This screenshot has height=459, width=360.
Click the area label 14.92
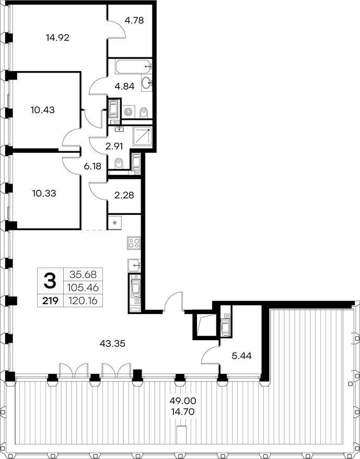point(58,38)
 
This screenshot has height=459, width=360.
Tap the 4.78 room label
point(134,20)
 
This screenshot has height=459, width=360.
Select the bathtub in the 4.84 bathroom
point(134,67)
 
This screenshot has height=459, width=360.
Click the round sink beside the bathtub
point(146,83)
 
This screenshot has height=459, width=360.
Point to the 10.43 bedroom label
point(42,110)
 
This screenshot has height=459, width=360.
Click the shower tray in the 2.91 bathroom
point(143,136)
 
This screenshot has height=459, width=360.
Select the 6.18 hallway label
point(92,166)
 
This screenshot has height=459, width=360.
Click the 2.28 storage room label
point(124,195)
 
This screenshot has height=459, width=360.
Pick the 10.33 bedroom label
point(44,194)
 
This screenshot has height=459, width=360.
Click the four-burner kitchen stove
point(134,243)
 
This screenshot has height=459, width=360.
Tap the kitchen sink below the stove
point(134,265)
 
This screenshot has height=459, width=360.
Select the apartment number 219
point(50,300)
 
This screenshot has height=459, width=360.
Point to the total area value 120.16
point(83,300)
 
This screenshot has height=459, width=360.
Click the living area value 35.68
point(83,274)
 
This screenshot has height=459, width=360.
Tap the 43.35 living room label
point(112,343)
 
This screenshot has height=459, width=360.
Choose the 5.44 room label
point(241,356)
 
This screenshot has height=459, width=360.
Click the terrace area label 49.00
point(183,400)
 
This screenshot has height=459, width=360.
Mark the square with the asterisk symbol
point(114,223)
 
